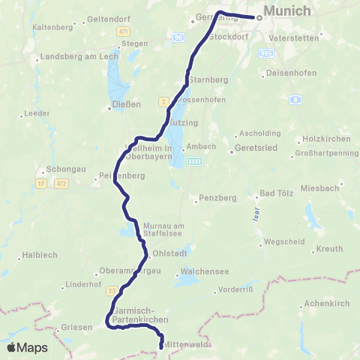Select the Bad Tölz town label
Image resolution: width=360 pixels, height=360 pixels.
pyautogui.click(x=274, y=193)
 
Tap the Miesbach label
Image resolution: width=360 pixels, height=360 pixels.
pyautogui.click(x=322, y=188)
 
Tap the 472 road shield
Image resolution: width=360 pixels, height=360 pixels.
pyautogui.click(x=59, y=183)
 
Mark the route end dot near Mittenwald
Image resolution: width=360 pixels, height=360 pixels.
pyautogui.click(x=161, y=346)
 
